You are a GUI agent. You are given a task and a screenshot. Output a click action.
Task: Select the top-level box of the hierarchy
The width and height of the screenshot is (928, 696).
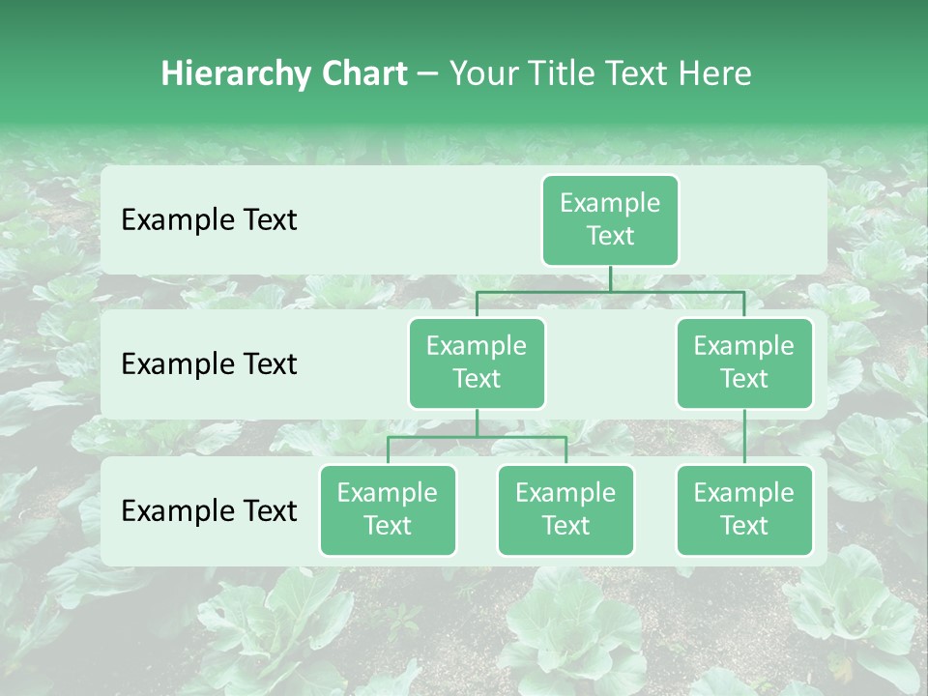[610, 220]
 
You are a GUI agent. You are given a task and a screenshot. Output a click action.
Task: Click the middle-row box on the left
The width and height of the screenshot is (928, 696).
[477, 363]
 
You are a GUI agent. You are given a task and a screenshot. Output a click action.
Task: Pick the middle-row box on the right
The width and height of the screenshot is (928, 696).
[744, 363]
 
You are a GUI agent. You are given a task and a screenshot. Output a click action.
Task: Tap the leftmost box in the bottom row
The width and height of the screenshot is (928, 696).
[388, 510]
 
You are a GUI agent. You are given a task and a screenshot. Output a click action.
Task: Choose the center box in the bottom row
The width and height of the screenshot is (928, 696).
[565, 510]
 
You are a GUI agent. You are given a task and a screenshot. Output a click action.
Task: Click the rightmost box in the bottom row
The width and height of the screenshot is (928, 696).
[744, 510]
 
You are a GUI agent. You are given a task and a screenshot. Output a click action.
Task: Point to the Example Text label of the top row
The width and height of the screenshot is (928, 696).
[209, 220]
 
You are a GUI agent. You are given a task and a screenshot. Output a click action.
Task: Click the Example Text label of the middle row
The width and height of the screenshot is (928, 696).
[209, 364]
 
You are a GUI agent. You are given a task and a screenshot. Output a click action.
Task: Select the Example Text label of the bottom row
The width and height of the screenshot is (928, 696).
[209, 510]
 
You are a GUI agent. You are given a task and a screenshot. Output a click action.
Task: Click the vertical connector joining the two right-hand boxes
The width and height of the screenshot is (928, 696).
[744, 437]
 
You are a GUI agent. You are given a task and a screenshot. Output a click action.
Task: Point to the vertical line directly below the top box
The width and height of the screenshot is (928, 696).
[610, 278]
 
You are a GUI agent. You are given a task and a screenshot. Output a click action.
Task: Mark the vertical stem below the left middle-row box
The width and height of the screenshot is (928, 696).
[477, 422]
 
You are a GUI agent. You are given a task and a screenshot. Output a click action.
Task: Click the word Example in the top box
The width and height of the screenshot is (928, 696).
[610, 203]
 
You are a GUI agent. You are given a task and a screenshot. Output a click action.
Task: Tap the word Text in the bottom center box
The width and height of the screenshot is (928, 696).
[565, 526]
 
